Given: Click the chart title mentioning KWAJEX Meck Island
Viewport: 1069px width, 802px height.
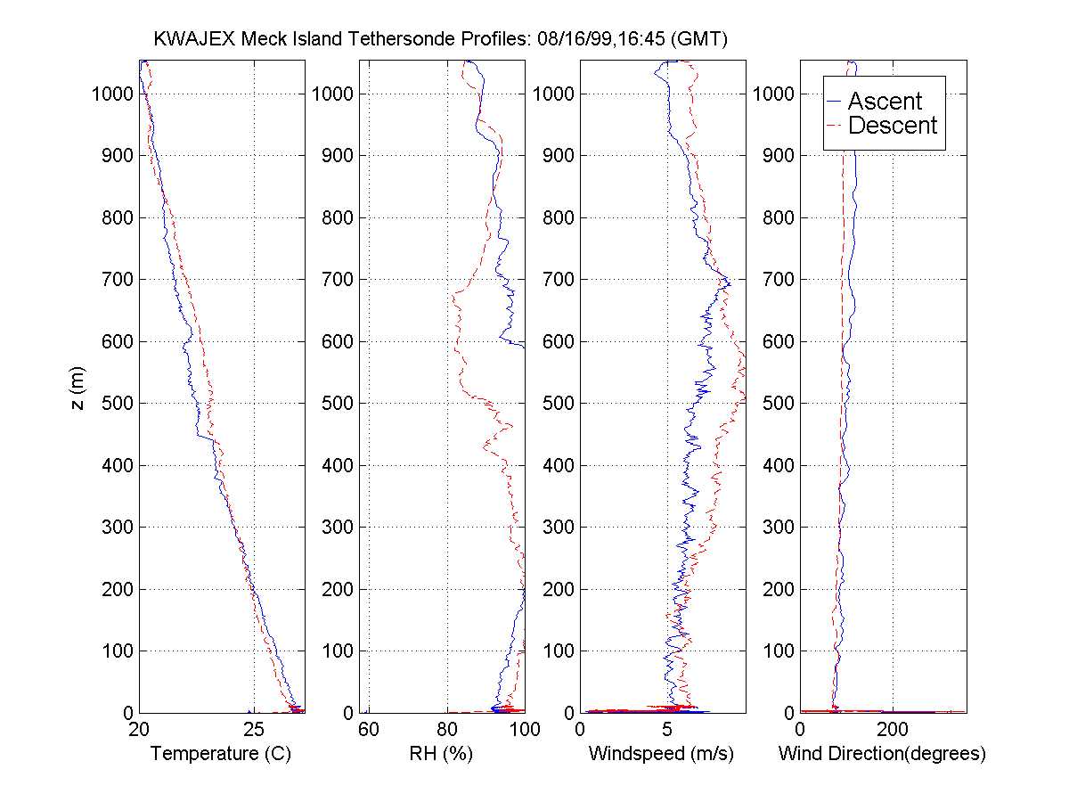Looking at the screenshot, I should pyautogui.click(x=441, y=39).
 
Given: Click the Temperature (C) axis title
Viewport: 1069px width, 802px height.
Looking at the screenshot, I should pyautogui.click(x=221, y=754).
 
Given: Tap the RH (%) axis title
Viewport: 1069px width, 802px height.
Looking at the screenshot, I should pyautogui.click(x=440, y=754).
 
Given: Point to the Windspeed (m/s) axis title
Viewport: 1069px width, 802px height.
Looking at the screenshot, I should pyautogui.click(x=661, y=754).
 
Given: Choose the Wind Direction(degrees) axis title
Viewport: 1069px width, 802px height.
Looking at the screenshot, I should pyautogui.click(x=882, y=754).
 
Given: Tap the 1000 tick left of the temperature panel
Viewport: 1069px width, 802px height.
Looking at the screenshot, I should pyautogui.click(x=112, y=94).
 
